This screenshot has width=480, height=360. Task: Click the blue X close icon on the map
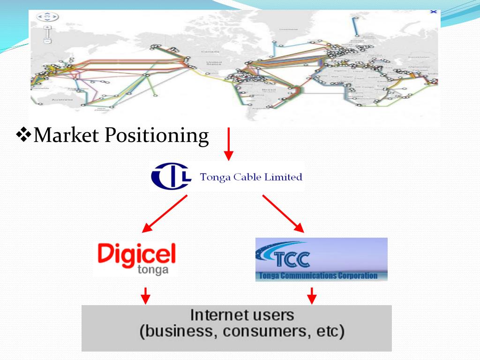coord(433,12)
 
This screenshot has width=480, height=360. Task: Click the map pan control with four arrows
coord(47,17)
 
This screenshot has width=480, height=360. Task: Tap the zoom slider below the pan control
coord(47,35)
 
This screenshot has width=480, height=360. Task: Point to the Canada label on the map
coord(207,51)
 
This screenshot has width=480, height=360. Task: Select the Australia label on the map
coord(62,99)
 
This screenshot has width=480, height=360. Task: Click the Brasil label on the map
coord(269,89)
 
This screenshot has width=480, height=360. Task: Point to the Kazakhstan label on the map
coord(419,57)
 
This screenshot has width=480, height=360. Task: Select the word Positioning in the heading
coord(156,136)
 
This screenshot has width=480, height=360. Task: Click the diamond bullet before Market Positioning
coord(22,136)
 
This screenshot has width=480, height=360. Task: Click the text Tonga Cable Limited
coord(251,177)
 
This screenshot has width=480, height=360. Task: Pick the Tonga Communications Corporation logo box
coord(321,259)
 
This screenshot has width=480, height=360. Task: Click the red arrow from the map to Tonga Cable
coord(228,143)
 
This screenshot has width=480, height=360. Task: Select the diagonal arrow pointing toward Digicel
coord(165,214)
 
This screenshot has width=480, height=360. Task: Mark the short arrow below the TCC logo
coord(311,295)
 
